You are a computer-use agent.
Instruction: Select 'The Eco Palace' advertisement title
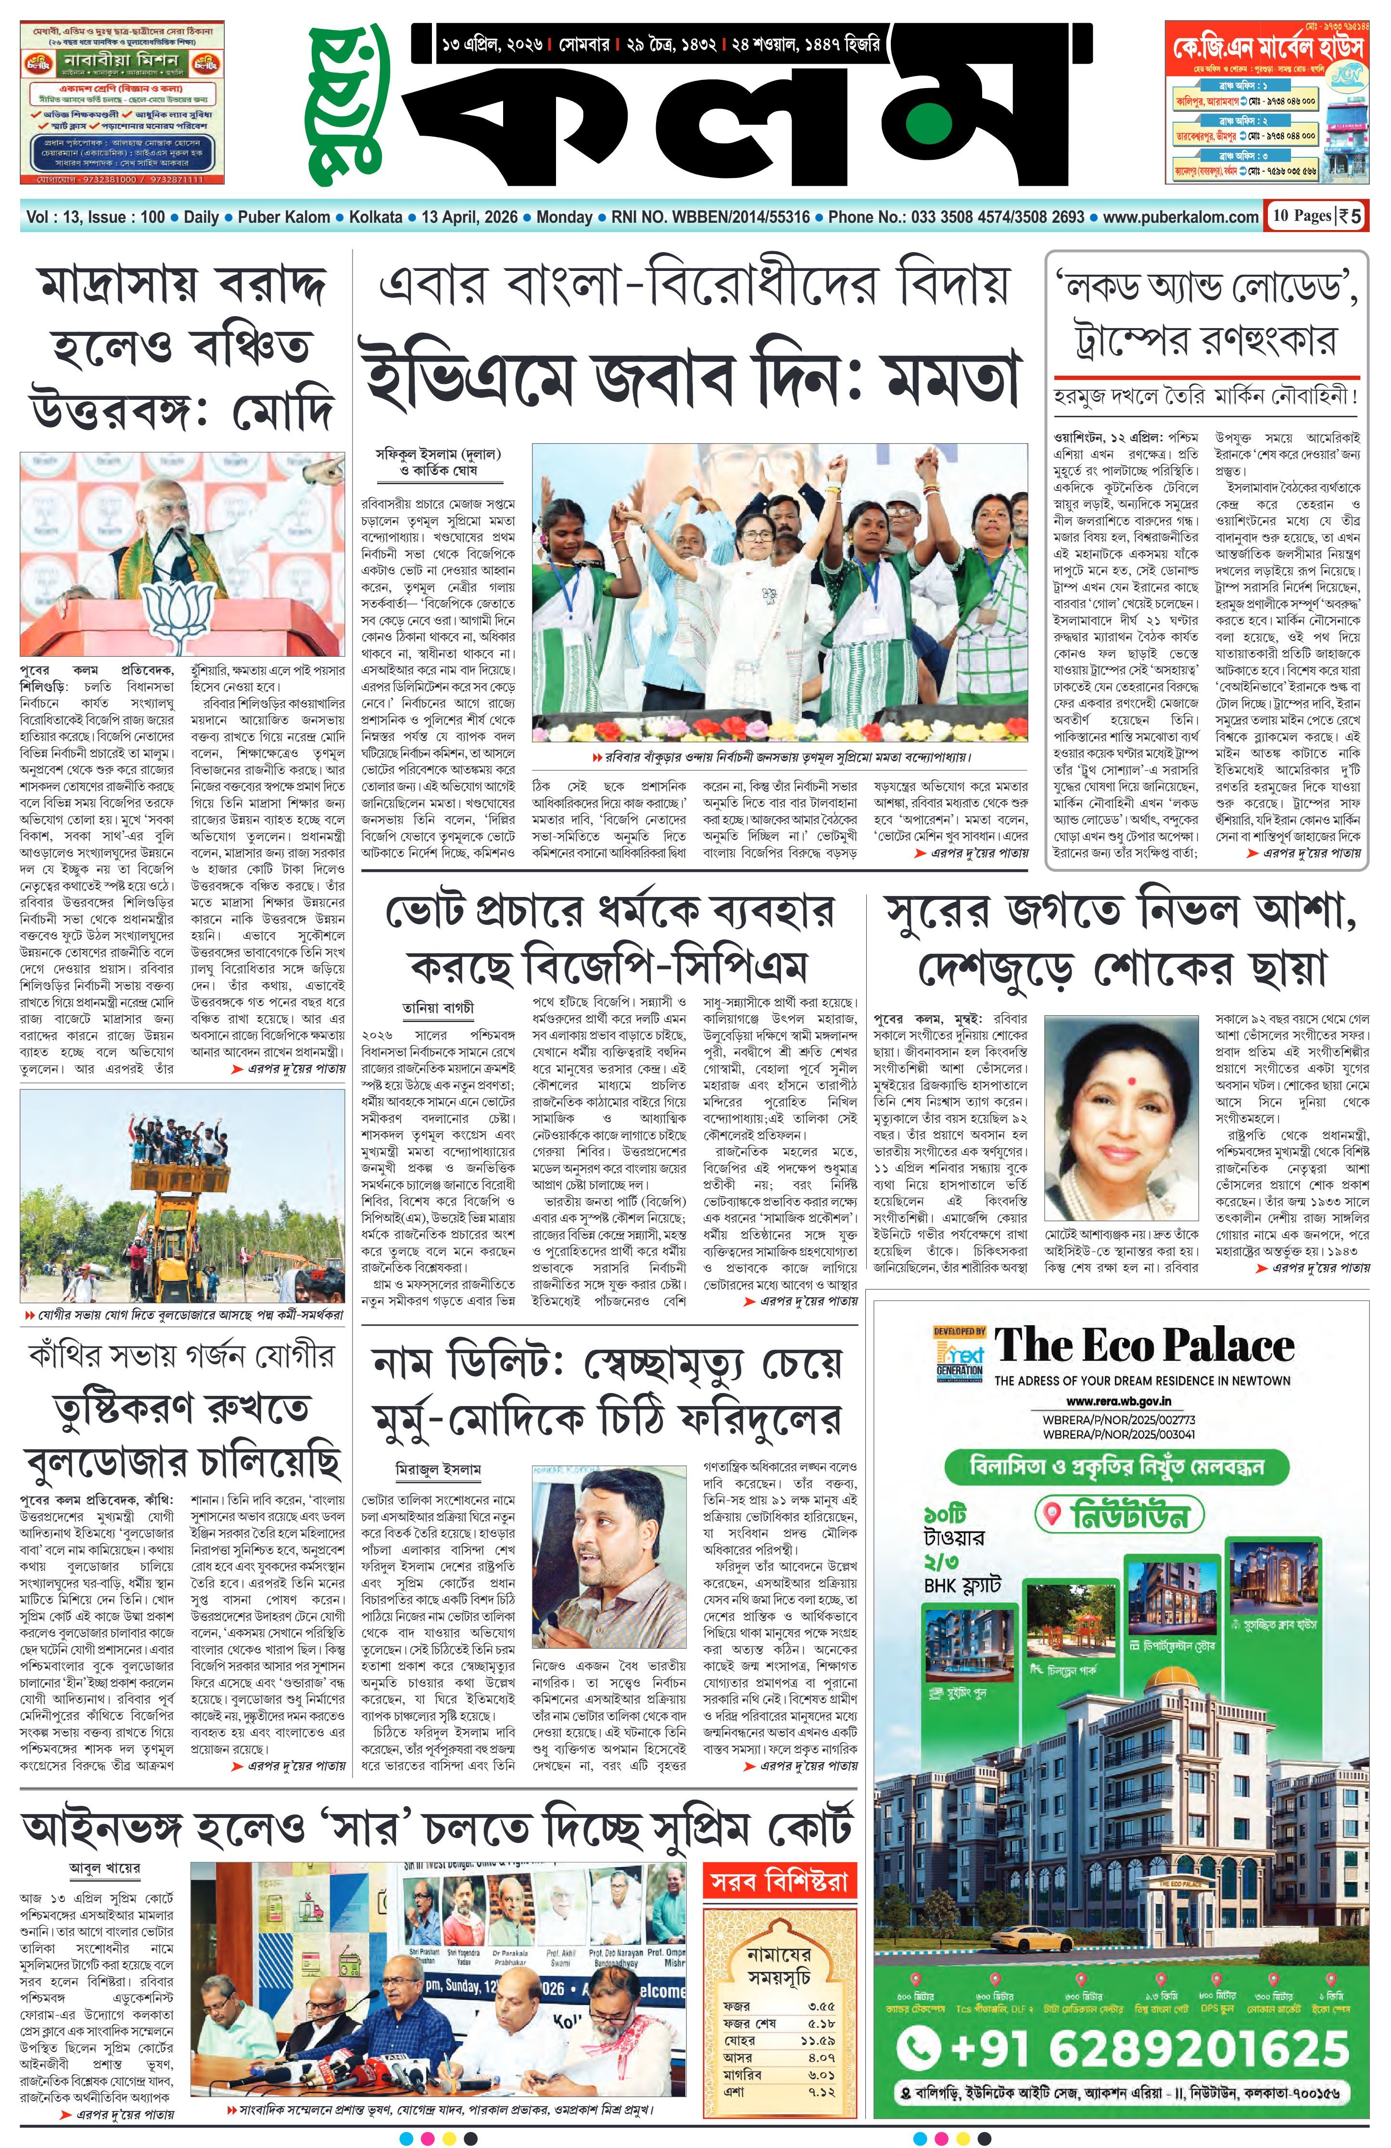tap(1144, 1346)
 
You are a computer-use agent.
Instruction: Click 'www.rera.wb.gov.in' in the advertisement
tap(1119, 1402)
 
